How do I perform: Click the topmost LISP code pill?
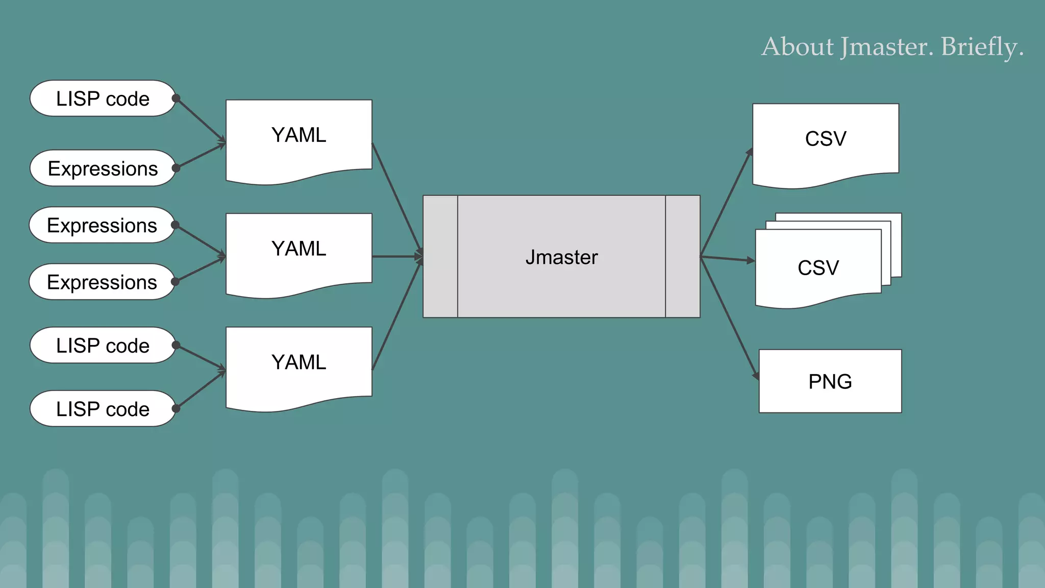tap(102, 99)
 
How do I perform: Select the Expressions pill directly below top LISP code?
tap(102, 168)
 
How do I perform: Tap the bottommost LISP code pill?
tap(102, 409)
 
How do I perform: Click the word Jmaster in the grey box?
tap(561, 257)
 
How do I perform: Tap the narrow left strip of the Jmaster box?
tap(440, 257)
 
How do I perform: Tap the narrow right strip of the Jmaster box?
tap(683, 257)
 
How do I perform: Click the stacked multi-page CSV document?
tap(818, 268)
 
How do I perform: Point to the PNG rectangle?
tap(830, 381)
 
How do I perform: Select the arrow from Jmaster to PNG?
tap(730, 317)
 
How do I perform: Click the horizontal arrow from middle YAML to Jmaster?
tap(397, 257)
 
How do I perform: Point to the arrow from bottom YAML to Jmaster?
tap(396, 316)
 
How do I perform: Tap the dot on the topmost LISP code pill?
tap(176, 98)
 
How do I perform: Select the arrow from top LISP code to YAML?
tap(201, 120)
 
